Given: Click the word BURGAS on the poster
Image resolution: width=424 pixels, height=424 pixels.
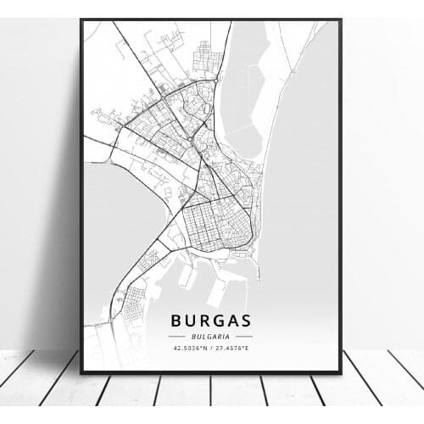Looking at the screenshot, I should [x=211, y=321].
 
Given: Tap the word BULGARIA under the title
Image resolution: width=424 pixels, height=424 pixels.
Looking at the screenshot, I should [x=211, y=336].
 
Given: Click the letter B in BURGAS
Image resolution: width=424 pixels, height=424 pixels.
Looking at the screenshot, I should [x=176, y=321].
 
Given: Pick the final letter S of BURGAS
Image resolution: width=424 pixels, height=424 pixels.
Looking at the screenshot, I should [x=247, y=321].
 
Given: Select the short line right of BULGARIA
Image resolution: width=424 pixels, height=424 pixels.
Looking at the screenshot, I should [x=243, y=337].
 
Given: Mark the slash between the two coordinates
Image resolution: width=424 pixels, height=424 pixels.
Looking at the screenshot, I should [x=211, y=348].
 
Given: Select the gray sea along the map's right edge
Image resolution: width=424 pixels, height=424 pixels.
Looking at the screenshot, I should [x=305, y=212].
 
